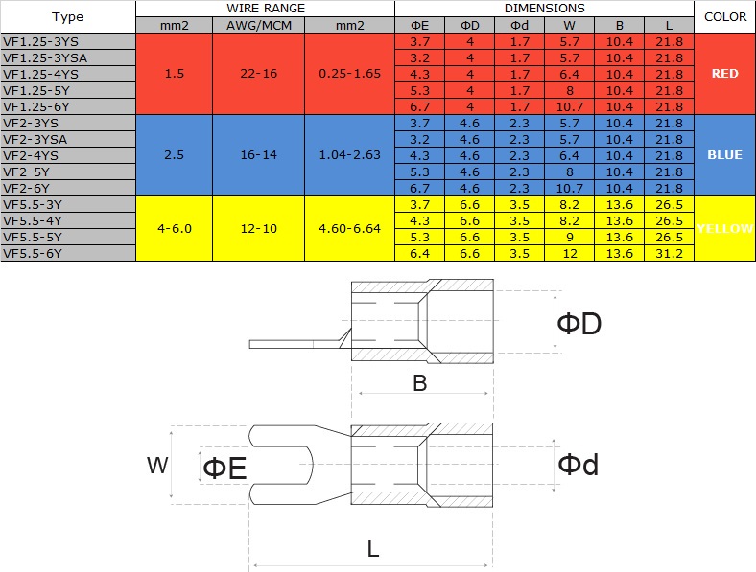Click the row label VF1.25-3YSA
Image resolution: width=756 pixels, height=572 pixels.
pyautogui.click(x=45, y=58)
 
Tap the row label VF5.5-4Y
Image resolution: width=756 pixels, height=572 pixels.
pyautogui.click(x=33, y=221)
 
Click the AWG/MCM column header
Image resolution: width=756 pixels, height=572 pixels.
pyautogui.click(x=259, y=26)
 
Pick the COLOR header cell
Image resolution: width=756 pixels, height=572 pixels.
pyautogui.click(x=724, y=17)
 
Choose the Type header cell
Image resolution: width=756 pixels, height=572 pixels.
pyautogui.click(x=67, y=17)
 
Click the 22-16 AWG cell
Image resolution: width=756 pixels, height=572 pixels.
pyautogui.click(x=259, y=74)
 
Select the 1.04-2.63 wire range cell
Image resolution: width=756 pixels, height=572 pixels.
pyautogui.click(x=349, y=155)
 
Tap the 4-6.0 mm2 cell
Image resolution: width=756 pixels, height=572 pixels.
pyautogui.click(x=174, y=228)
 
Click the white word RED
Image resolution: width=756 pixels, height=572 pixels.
pyautogui.click(x=724, y=74)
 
